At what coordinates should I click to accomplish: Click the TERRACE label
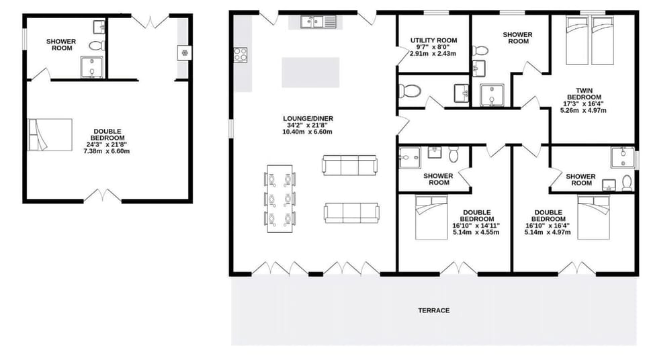tap(433, 310)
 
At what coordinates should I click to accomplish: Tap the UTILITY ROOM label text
tap(433, 41)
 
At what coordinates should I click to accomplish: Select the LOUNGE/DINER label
tap(308, 119)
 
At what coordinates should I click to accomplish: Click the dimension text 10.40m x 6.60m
tap(308, 132)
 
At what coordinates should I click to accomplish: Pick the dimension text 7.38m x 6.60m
tap(106, 152)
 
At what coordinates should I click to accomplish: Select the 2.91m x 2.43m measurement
tap(433, 54)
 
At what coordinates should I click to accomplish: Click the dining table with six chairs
tap(280, 199)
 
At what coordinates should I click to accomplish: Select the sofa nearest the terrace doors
tap(351, 212)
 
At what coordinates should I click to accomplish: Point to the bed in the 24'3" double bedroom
tap(50, 135)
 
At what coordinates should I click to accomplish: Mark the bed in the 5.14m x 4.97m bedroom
tap(599, 218)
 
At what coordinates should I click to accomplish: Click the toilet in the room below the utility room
tap(411, 91)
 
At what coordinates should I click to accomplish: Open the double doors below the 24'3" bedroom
tap(103, 196)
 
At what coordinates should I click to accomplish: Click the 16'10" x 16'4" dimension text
tap(548, 226)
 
